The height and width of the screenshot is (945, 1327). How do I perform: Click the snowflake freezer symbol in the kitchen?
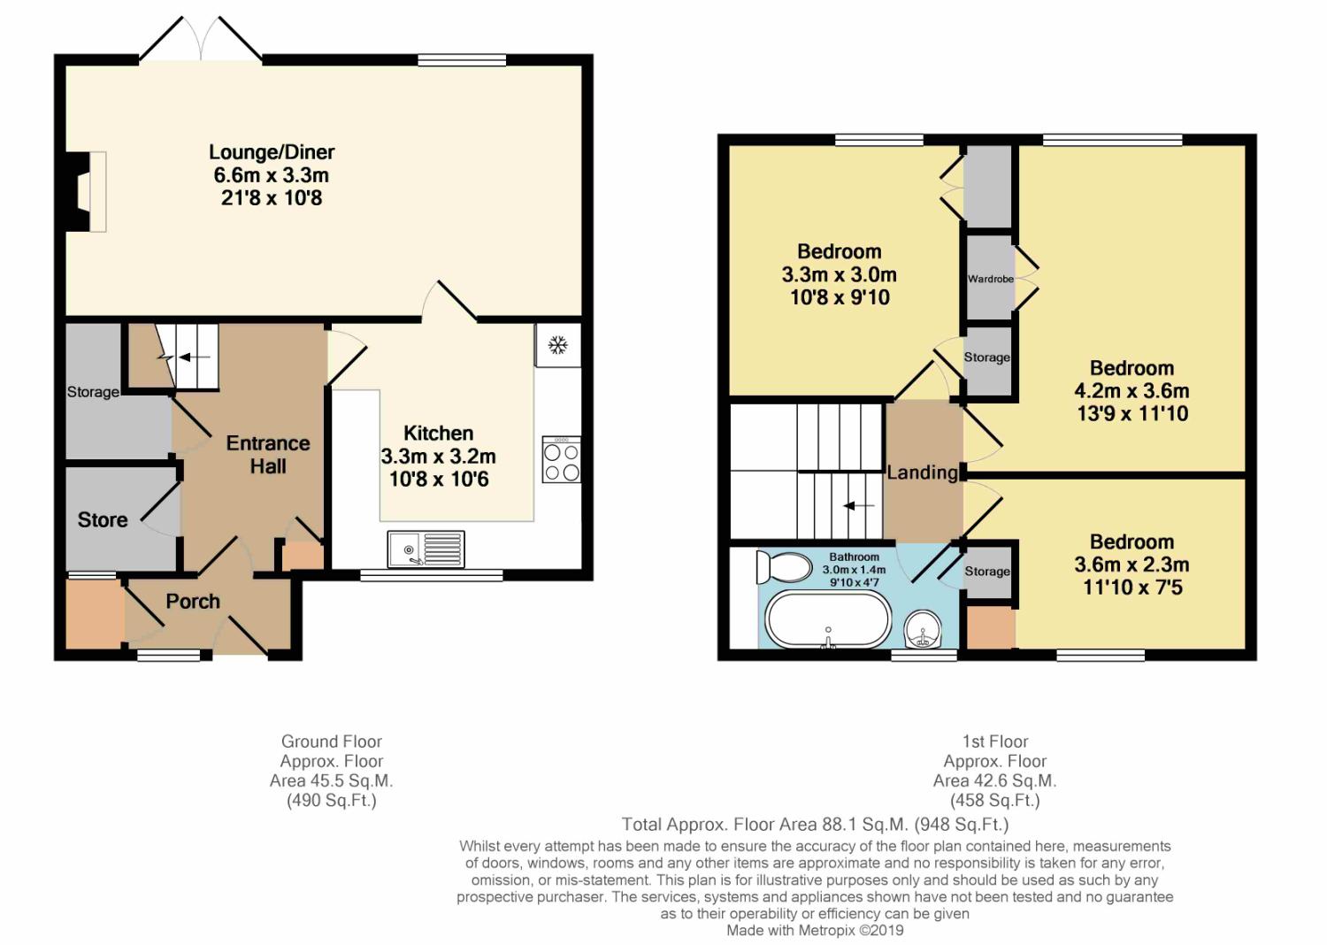coord(557,345)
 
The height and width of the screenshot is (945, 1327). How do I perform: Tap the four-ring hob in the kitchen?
coord(562,459)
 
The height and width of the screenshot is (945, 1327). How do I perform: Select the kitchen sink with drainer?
coord(426,549)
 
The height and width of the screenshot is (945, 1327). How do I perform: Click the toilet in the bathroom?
coord(784,567)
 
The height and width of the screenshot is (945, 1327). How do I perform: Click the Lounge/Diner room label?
coord(272,152)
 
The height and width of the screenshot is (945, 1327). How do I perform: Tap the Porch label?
coord(193,602)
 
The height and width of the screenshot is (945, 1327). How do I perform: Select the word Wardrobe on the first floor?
coord(991,279)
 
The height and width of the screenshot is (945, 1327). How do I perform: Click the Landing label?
coord(923,472)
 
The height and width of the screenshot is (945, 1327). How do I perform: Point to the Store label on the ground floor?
coord(103,519)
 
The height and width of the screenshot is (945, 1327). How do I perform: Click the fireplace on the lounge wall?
coord(86,191)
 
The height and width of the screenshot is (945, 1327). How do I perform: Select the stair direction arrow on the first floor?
coord(858,506)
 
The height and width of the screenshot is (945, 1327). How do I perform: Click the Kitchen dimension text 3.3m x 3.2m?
coord(439,457)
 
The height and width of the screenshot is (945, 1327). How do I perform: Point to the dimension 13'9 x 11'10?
coord(1132,413)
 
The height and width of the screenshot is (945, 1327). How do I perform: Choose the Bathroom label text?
coord(854,557)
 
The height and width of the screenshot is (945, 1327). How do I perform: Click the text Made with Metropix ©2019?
coord(815,930)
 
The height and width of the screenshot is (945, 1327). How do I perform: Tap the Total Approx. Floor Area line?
coord(815,824)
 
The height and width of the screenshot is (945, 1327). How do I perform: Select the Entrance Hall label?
coord(268,455)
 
